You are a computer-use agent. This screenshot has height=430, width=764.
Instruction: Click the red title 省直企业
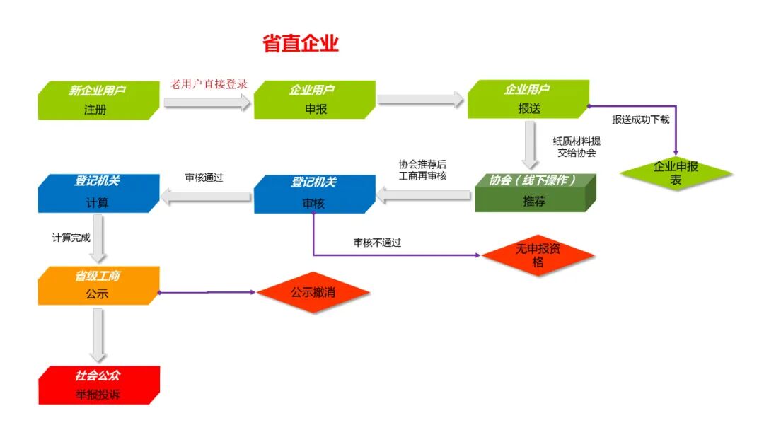click(301, 43)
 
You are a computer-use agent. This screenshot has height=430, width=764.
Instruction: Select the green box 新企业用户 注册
click(99, 100)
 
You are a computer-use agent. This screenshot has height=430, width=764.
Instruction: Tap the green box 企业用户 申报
click(314, 100)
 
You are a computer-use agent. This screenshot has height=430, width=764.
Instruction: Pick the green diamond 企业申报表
click(676, 173)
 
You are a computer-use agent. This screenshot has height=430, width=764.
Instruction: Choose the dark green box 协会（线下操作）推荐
click(535, 192)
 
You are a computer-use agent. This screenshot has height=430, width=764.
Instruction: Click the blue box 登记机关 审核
click(313, 192)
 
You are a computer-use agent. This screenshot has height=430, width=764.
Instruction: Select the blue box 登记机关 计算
click(98, 192)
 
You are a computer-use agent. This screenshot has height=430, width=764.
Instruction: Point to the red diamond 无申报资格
click(538, 255)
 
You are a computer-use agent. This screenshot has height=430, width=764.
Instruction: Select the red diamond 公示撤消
click(313, 291)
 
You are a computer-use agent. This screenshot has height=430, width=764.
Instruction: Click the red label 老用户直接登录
click(209, 84)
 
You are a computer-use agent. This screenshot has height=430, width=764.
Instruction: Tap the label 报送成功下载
click(640, 120)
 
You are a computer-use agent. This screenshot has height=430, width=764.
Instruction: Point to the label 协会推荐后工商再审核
click(422, 170)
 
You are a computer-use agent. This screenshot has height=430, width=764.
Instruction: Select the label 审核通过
click(204, 178)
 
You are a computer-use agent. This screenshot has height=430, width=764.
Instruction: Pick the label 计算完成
click(71, 238)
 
